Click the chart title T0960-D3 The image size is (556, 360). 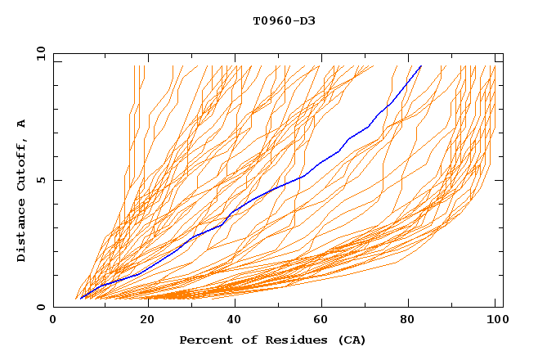pos(284,20)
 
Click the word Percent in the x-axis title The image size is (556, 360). pos(204,340)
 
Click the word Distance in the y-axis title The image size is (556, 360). pos(21,231)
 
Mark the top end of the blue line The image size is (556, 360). pos(421,66)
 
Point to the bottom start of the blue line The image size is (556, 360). pos(81,299)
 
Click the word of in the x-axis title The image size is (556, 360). pos(244,340)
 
